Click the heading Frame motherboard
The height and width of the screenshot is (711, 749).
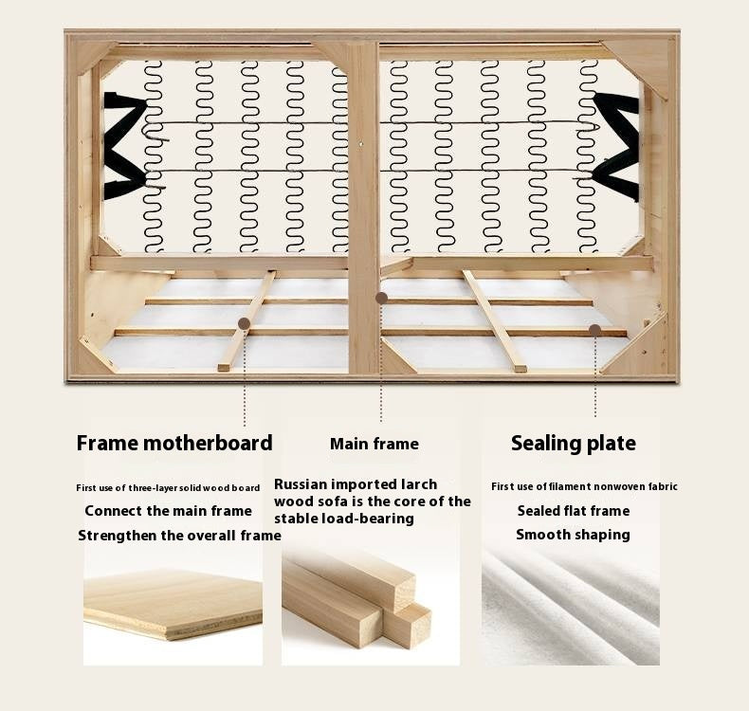174,443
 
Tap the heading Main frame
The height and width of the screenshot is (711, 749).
374,444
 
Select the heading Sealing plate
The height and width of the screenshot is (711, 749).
574,444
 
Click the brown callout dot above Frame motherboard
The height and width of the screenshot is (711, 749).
244,324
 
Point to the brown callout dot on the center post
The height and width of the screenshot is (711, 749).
381,299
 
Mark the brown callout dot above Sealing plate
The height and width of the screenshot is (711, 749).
594,330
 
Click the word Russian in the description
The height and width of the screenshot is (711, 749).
301,484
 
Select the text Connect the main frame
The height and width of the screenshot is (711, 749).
168,511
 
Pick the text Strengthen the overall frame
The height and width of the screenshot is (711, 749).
179,536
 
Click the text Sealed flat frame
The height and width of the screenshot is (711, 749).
574,511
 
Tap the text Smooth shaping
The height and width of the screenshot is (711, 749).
573,535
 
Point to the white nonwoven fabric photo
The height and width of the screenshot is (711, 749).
571,607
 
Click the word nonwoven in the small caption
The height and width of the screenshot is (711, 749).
618,486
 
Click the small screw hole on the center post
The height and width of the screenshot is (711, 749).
361,142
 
